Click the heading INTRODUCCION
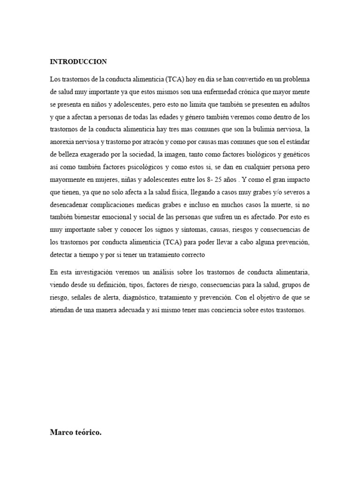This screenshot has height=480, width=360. (x=78, y=61)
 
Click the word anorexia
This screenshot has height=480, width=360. (x=63, y=141)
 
